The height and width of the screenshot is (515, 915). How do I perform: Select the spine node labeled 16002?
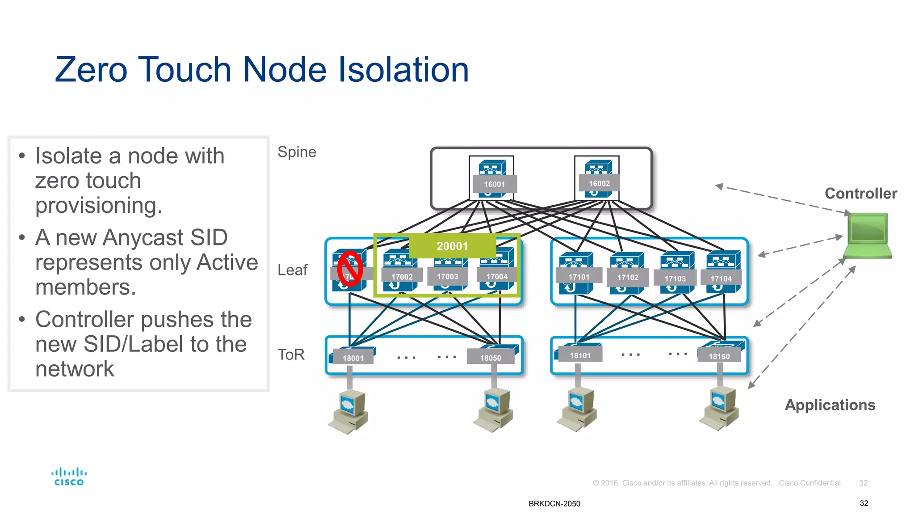click(x=597, y=178)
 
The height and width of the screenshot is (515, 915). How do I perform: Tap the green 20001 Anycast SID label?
click(x=452, y=246)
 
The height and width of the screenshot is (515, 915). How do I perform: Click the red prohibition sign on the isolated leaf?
click(x=349, y=268)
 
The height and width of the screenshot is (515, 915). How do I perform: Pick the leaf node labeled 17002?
click(x=400, y=271)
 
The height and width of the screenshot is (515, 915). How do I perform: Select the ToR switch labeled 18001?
click(x=353, y=356)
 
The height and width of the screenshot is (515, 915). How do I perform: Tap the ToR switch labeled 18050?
click(x=491, y=355)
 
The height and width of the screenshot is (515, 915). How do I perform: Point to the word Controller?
click(x=860, y=194)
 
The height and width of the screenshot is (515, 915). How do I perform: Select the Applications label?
click(x=830, y=405)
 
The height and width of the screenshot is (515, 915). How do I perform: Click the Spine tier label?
click(x=297, y=152)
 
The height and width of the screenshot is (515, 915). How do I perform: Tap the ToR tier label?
click(x=291, y=355)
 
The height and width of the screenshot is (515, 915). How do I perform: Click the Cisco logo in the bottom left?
click(x=69, y=477)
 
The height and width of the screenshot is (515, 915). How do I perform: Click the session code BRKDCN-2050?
click(x=554, y=503)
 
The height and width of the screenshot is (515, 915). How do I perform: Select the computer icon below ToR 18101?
click(x=576, y=409)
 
